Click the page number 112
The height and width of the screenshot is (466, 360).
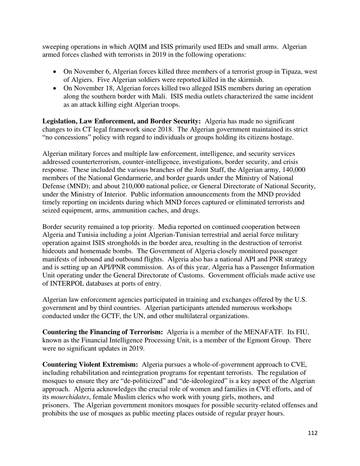click(313, 433)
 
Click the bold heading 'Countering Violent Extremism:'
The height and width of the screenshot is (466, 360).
click(90, 364)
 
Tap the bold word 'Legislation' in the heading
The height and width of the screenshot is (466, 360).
click(60, 121)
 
